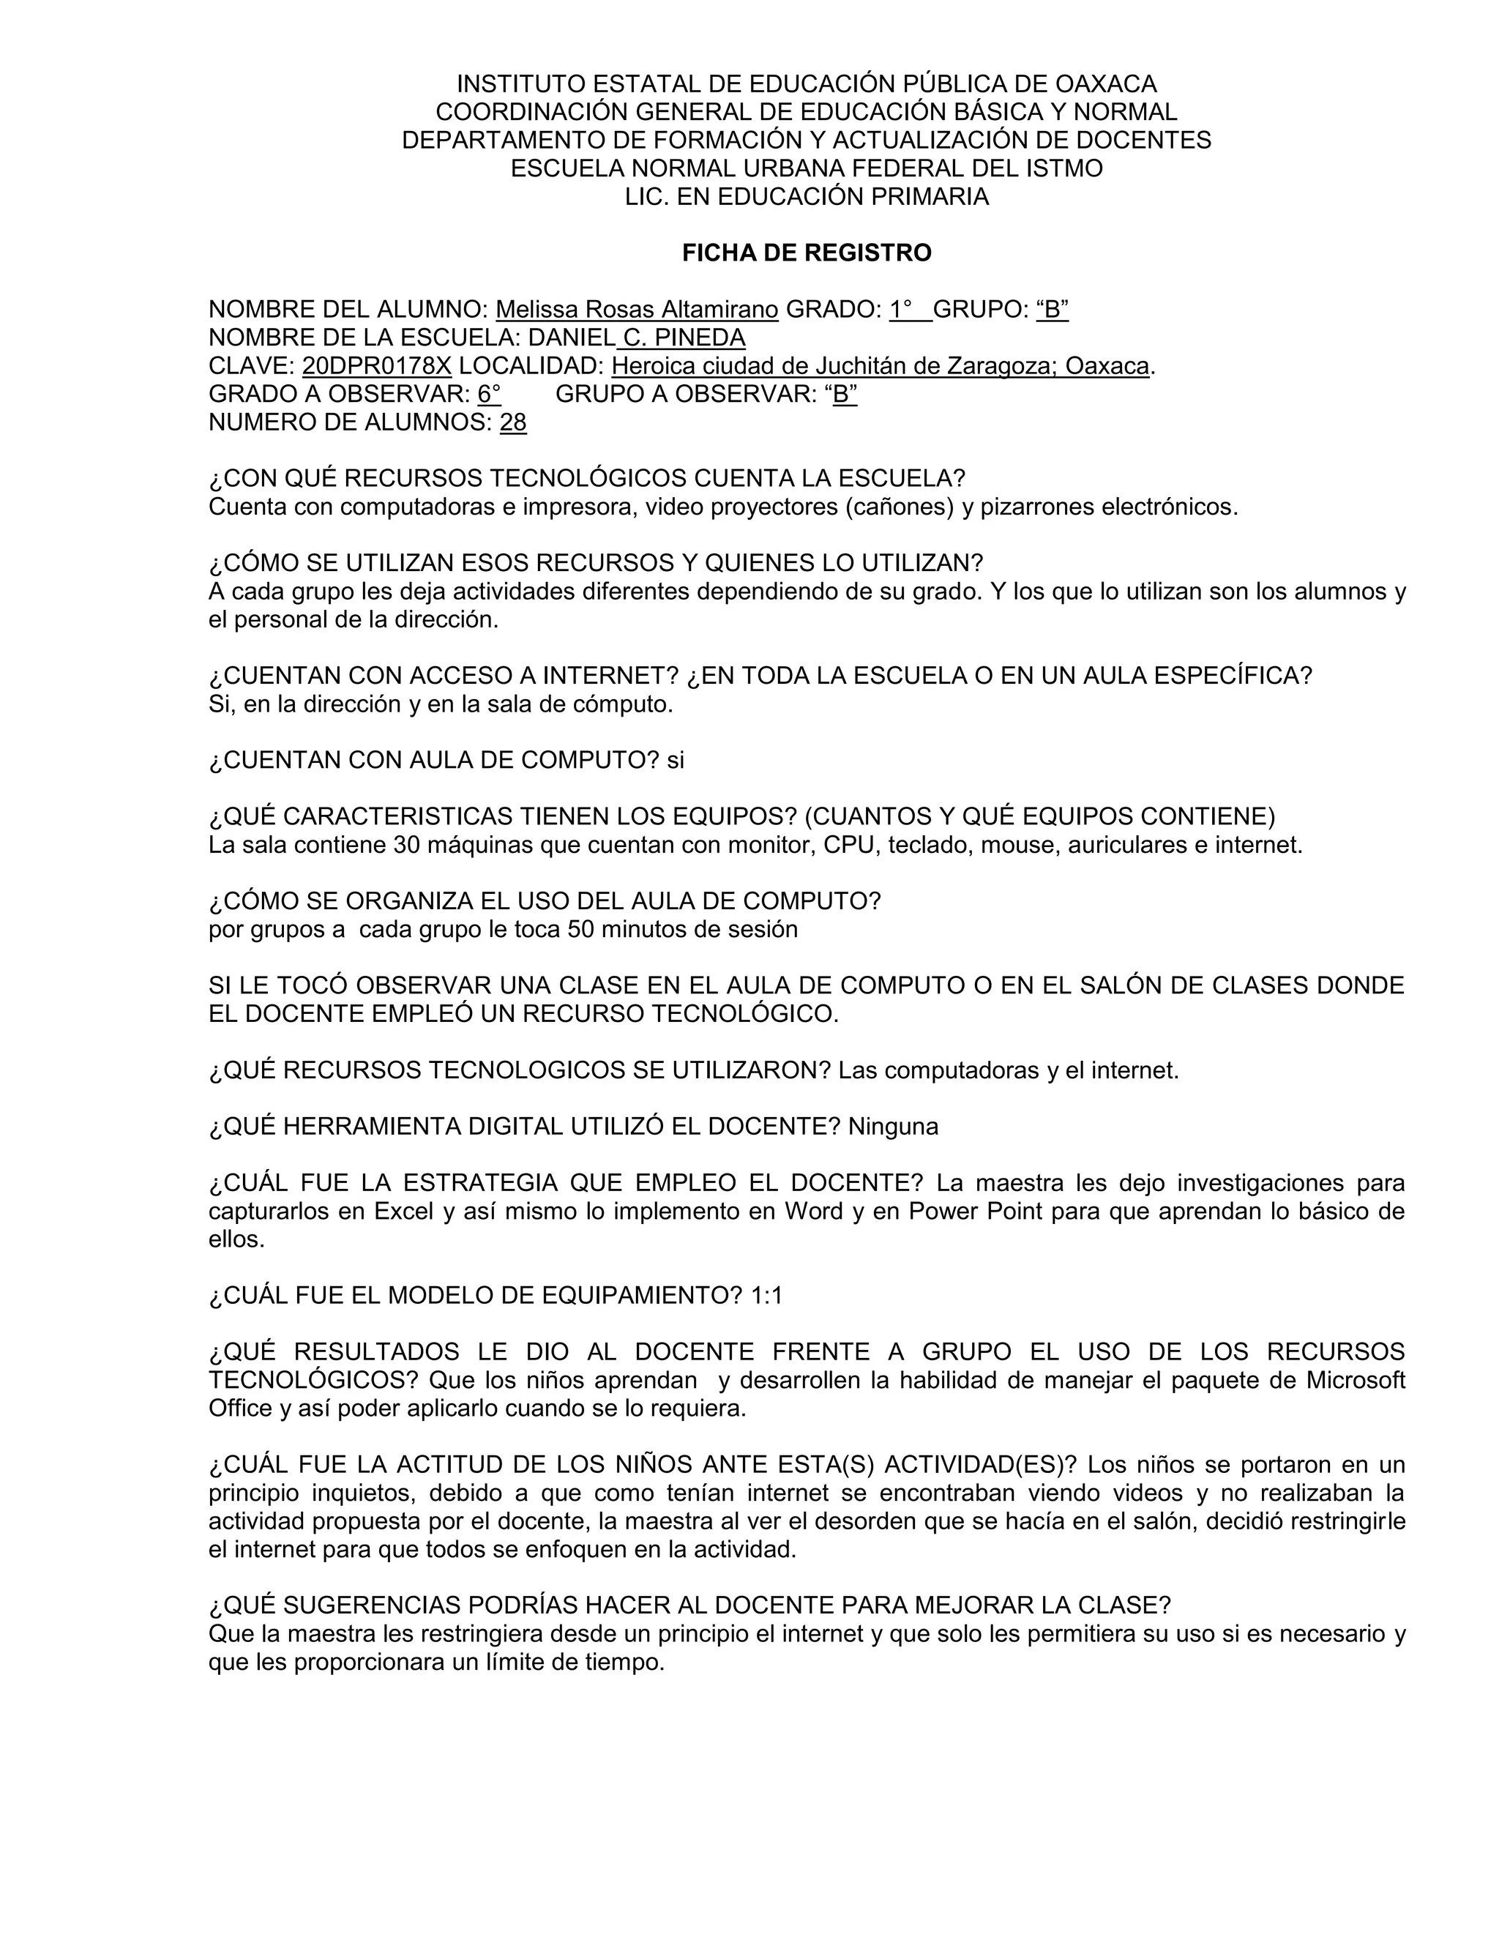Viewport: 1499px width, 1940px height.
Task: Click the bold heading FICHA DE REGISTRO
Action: pos(807,253)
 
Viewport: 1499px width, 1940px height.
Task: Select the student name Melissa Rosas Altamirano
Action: pos(637,310)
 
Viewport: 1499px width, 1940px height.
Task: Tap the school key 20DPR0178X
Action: pos(376,366)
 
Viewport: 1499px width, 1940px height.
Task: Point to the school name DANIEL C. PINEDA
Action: pos(637,337)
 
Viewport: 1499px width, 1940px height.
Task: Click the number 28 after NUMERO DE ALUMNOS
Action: pos(513,423)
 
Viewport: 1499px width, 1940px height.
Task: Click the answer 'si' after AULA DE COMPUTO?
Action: pos(675,761)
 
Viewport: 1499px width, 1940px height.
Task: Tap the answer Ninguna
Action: pos(894,1127)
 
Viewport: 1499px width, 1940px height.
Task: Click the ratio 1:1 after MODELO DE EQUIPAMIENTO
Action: pos(766,1296)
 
